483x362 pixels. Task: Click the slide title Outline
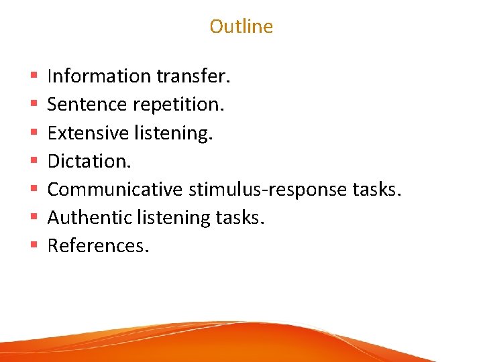click(x=241, y=26)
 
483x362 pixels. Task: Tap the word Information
click(x=99, y=76)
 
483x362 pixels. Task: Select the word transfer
click(x=194, y=76)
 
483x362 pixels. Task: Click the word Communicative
click(x=115, y=189)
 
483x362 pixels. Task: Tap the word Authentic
click(x=89, y=217)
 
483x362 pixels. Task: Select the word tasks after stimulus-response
click(x=376, y=189)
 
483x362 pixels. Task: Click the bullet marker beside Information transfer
click(x=34, y=77)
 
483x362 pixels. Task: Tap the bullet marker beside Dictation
click(x=34, y=162)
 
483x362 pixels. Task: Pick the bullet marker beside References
click(x=34, y=246)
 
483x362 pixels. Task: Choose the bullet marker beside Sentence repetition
click(x=34, y=105)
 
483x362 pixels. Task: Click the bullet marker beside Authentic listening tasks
click(x=34, y=218)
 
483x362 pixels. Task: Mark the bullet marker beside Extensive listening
click(x=34, y=133)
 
